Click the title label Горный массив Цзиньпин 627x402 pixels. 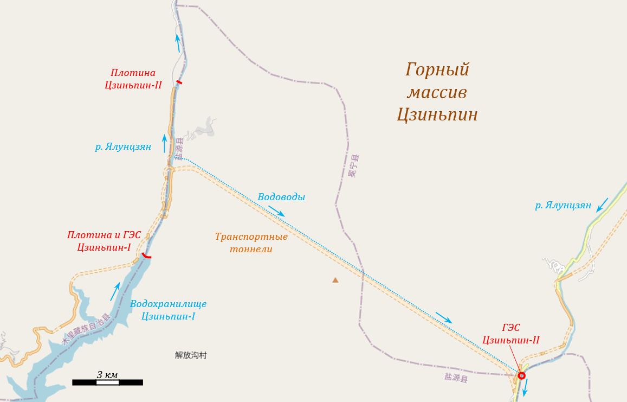[x=437, y=92]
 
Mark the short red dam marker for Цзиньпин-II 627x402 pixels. [x=179, y=82]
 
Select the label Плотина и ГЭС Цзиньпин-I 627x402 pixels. [x=104, y=241]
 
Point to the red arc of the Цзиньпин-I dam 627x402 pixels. [x=146, y=256]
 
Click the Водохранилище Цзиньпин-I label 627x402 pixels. [x=168, y=310]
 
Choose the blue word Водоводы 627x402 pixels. [x=281, y=197]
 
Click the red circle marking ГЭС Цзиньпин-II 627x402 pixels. [x=521, y=375]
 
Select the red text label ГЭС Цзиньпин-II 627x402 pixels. [x=511, y=334]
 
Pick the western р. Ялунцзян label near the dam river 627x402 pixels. [x=123, y=146]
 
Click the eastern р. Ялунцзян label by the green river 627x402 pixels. [x=563, y=205]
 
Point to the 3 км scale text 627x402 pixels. [x=107, y=375]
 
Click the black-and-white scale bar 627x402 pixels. [x=107, y=382]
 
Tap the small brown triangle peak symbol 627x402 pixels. [x=335, y=280]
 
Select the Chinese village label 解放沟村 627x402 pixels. [x=191, y=355]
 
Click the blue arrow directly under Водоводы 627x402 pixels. [x=276, y=211]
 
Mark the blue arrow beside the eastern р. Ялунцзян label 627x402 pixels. [x=602, y=205]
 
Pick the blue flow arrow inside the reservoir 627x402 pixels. [x=114, y=291]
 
